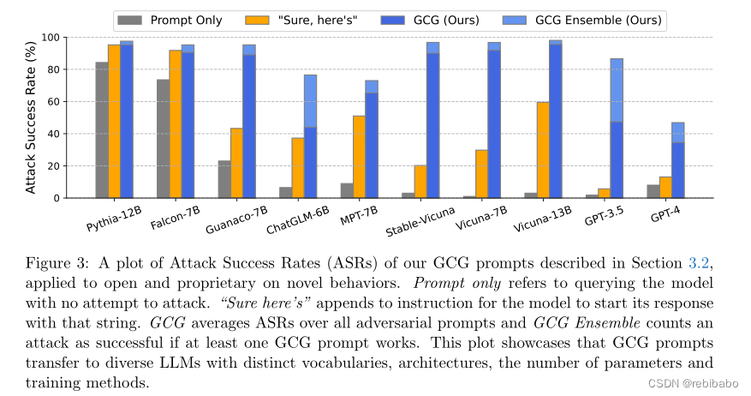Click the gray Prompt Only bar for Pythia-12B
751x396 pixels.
pos(101,130)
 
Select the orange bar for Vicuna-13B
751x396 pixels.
pos(543,150)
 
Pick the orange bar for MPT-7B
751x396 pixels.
pos(359,157)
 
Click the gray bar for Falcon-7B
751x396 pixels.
pos(163,139)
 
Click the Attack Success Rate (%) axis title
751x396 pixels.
pos(31,117)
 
